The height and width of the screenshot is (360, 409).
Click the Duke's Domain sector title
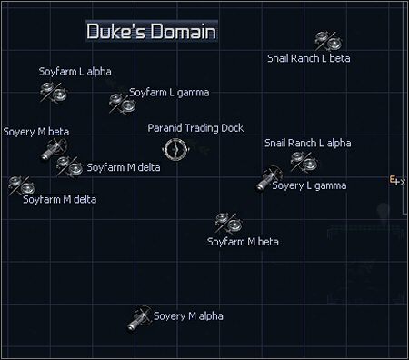151,32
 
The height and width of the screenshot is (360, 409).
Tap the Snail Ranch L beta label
308,58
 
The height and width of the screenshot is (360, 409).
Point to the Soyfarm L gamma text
169,92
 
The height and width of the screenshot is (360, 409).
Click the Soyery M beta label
36,132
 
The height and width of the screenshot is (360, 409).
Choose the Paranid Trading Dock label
195,128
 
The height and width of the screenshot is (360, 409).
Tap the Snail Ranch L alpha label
307,143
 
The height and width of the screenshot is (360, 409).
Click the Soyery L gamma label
309,185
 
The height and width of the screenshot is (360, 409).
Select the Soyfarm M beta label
243,242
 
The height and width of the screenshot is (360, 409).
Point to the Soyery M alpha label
188,316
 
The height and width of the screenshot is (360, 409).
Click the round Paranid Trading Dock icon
175,149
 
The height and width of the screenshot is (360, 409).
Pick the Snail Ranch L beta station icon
326,40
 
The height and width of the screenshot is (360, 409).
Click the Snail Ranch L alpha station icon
304,161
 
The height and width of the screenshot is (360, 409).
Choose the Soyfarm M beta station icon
226,221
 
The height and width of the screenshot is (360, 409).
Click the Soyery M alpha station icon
139,317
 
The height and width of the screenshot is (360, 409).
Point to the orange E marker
393,179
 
